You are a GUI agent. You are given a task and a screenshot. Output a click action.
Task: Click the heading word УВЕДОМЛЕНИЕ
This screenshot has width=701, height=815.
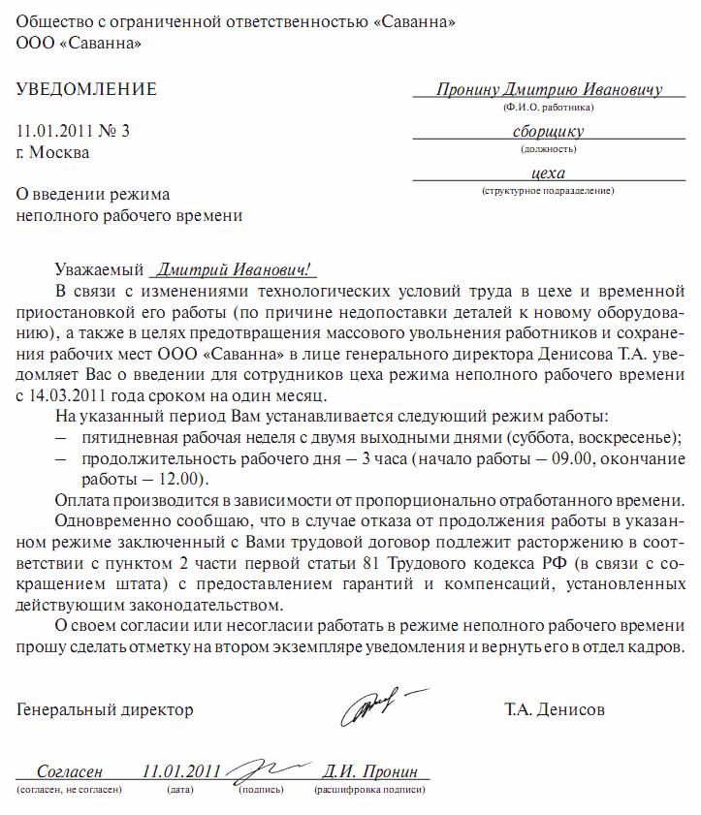point(86,90)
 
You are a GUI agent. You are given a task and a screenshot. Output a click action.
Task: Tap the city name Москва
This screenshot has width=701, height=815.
point(59,152)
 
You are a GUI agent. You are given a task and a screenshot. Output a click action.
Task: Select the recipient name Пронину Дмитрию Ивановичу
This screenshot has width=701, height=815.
point(549,89)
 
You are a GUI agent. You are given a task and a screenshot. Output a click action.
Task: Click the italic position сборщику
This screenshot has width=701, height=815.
point(548,132)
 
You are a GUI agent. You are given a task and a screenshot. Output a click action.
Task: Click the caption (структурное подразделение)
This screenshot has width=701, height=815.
point(548,191)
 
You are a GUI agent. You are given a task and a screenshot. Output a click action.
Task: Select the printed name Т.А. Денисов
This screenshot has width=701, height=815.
point(555,709)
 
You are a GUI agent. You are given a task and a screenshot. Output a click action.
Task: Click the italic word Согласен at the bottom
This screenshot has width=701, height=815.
point(69,771)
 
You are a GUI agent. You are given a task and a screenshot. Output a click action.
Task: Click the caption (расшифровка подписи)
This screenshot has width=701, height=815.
point(368,792)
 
